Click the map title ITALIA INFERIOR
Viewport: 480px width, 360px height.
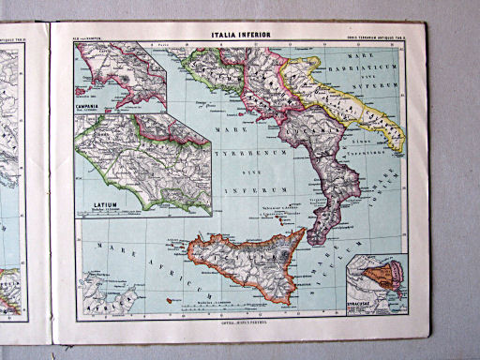click(x=242, y=37)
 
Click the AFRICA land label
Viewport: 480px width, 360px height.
click(x=97, y=304)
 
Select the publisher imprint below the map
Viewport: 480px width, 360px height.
click(x=242, y=322)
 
